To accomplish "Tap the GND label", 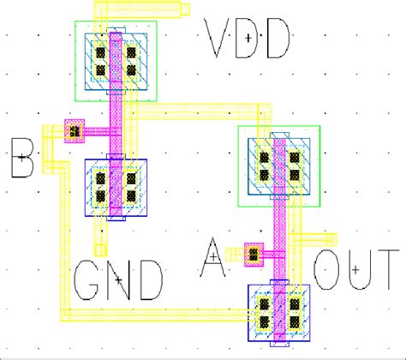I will coord(119,279).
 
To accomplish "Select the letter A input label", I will coord(214,256).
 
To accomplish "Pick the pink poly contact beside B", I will coord(75,130).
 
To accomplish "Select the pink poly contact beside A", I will coord(253,254).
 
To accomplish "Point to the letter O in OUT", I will coord(328,272).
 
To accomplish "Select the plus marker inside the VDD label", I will coord(248,38).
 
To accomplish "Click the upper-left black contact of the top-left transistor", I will coord(99,50).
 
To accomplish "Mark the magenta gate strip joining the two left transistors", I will coord(116,120).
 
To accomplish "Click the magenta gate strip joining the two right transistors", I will coord(278,231).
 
